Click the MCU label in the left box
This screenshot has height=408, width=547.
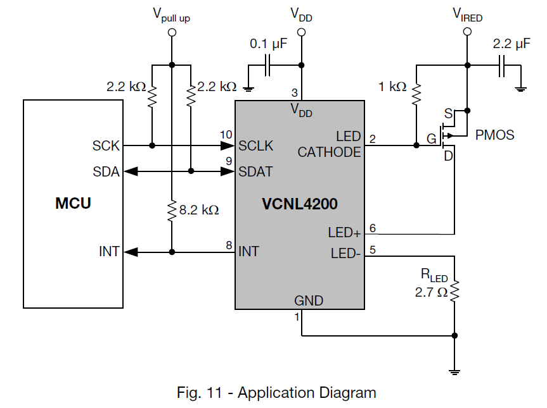73,204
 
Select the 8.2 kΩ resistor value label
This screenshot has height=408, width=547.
199,210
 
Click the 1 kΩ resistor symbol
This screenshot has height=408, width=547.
416,93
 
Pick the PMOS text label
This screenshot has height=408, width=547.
495,135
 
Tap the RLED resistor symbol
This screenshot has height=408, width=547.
454,291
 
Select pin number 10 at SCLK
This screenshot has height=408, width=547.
226,135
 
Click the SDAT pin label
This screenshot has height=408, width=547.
255,171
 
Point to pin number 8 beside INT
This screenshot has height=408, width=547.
229,244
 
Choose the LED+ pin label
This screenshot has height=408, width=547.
344,233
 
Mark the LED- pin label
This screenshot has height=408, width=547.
346,254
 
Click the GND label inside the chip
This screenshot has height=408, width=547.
309,300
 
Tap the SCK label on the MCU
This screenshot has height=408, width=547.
106,145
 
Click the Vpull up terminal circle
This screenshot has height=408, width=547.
172,32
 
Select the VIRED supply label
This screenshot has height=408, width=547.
468,15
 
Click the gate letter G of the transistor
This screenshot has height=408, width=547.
431,139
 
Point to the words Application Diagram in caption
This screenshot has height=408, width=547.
307,392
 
